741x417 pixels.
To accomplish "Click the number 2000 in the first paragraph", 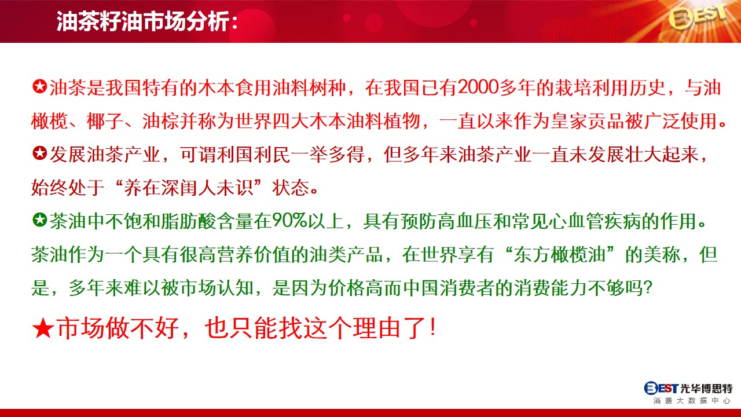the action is click(x=478, y=88).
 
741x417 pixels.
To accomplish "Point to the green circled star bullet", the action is click(x=40, y=220).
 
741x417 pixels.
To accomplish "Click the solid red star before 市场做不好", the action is click(x=43, y=328).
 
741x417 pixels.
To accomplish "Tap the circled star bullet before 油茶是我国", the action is click(x=40, y=87).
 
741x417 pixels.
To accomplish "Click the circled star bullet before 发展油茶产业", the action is click(x=40, y=153).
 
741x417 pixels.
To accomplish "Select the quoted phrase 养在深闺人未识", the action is click(x=189, y=188).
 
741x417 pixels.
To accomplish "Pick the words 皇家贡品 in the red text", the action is click(x=587, y=121).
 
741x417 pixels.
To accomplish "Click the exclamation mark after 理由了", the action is click(x=433, y=328).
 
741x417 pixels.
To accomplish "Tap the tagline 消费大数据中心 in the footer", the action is click(x=692, y=401).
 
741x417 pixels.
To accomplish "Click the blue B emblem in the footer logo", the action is click(x=650, y=388).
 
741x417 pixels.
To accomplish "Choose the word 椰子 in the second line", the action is click(x=105, y=121).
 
